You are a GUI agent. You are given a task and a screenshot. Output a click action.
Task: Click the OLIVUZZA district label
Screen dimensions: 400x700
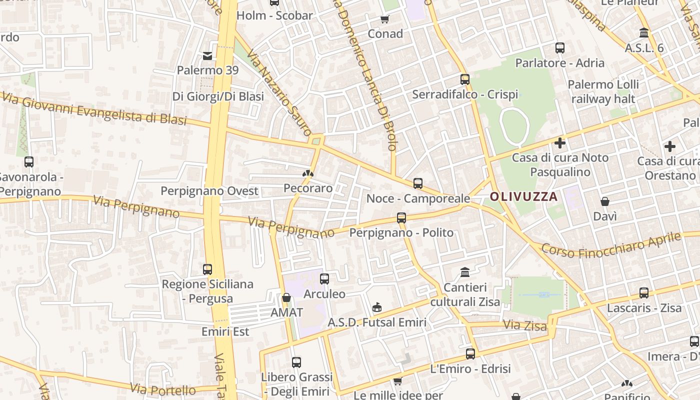pyautogui.click(x=523, y=196)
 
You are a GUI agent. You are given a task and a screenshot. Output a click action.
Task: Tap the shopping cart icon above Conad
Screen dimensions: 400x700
pyautogui.click(x=385, y=19)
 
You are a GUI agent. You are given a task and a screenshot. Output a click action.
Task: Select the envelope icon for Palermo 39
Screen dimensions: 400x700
pyautogui.click(x=207, y=55)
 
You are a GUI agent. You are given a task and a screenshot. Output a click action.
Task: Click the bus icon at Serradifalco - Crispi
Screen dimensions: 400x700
pyautogui.click(x=465, y=79)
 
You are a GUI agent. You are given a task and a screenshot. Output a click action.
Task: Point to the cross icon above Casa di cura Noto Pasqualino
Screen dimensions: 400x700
pyautogui.click(x=560, y=143)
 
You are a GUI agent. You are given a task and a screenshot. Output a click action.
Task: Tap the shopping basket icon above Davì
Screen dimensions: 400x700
pyautogui.click(x=605, y=201)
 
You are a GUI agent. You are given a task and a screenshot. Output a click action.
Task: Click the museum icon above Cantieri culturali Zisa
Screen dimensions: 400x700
pyautogui.click(x=465, y=272)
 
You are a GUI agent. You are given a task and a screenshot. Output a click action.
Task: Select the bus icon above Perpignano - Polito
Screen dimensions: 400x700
pyautogui.click(x=401, y=218)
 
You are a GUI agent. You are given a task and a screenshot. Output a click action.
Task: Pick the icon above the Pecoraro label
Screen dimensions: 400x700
pyautogui.click(x=307, y=174)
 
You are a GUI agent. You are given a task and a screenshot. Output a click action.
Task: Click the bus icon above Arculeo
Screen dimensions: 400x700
pyautogui.click(x=324, y=279)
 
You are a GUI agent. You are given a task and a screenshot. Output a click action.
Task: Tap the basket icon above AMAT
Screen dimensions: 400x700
pyautogui.click(x=286, y=298)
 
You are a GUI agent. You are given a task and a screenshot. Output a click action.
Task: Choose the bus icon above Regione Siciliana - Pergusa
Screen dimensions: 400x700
pyautogui.click(x=207, y=269)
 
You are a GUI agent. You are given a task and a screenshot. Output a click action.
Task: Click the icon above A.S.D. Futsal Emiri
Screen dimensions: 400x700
pyautogui.click(x=377, y=307)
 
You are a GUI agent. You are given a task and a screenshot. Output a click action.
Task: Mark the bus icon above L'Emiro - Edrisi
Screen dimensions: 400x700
pyautogui.click(x=470, y=354)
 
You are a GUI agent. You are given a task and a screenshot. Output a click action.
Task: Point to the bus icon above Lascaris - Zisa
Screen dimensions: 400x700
pyautogui.click(x=644, y=293)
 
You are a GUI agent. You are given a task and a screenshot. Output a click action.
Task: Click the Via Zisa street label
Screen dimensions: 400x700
pyautogui.click(x=524, y=326)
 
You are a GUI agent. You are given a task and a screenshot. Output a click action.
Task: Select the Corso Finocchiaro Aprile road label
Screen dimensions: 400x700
pyautogui.click(x=611, y=244)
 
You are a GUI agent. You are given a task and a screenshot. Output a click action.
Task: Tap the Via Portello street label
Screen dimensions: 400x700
pyautogui.click(x=163, y=389)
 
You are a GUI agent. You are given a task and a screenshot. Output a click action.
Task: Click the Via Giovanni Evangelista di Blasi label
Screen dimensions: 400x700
pyautogui.click(x=94, y=110)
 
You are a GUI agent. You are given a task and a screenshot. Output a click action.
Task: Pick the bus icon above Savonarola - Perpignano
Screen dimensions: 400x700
pyautogui.click(x=29, y=162)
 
